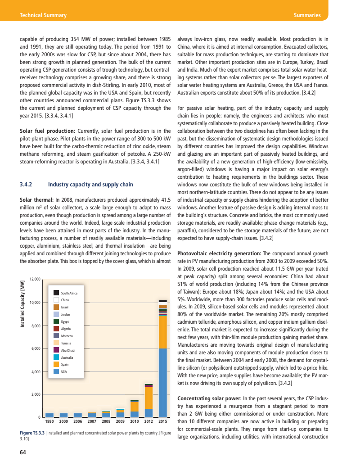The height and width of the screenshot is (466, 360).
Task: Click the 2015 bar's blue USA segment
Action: click(163, 383)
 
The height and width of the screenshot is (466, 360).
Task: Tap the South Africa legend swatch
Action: click(56, 293)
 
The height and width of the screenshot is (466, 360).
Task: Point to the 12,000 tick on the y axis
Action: click(35, 279)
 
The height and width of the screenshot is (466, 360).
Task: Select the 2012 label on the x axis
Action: click(148, 422)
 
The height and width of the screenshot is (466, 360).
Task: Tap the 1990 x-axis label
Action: click(49, 422)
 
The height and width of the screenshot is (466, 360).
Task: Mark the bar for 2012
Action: click(148, 401)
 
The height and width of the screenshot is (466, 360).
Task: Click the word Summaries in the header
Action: click(307, 15)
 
